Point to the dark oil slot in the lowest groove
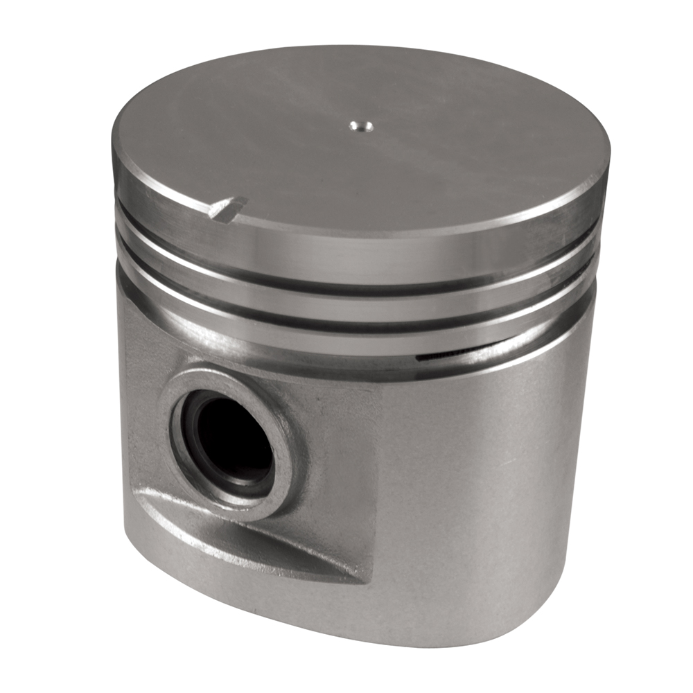coord(450,356)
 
